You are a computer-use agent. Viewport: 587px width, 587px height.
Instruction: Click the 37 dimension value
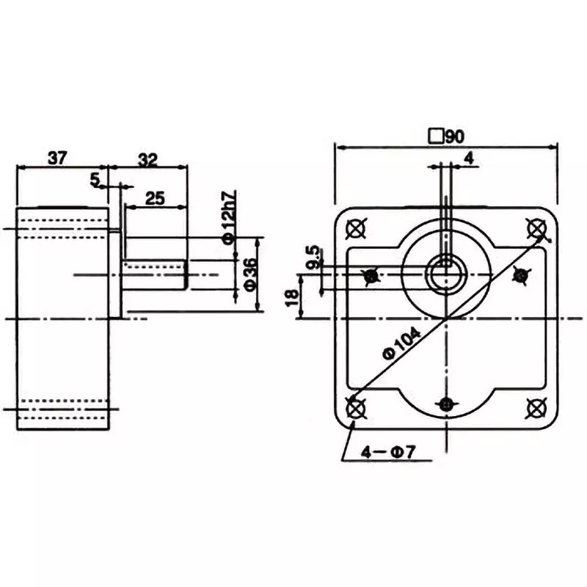click(x=59, y=157)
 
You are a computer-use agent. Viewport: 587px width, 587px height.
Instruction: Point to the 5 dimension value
click(x=95, y=178)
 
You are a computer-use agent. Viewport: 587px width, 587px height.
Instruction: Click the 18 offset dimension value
click(x=292, y=297)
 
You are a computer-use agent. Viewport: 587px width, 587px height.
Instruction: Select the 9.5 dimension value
click(x=314, y=258)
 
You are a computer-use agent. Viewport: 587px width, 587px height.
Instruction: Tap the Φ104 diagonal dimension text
click(x=401, y=343)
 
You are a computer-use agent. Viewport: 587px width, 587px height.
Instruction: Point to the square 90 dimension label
click(x=448, y=136)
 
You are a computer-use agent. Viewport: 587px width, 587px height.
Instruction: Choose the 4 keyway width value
click(x=469, y=158)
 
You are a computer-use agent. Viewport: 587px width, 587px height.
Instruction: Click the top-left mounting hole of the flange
click(x=356, y=228)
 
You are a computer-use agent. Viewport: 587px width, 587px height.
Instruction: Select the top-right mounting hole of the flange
click(x=535, y=228)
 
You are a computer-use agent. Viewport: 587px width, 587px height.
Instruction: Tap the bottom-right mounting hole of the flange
click(x=535, y=406)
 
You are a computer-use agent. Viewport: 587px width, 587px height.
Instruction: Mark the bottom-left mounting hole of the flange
click(x=356, y=406)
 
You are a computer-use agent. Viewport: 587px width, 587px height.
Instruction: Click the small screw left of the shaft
click(x=371, y=276)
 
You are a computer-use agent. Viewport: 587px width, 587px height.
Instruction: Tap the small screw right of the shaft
click(x=520, y=275)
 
